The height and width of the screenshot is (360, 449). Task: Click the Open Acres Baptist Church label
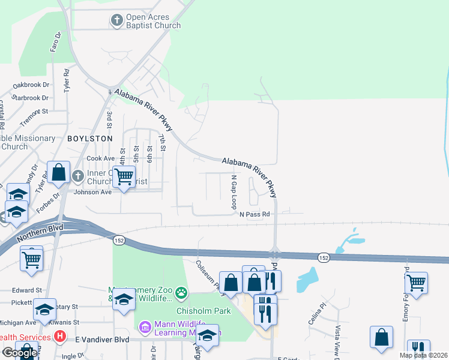(153, 22)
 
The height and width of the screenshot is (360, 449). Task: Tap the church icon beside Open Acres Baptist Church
(117, 21)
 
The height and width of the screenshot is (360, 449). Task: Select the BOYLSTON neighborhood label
(90, 138)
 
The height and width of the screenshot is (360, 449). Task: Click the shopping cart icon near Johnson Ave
(124, 176)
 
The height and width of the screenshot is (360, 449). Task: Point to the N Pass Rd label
(255, 214)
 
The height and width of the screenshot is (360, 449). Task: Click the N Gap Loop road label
(234, 192)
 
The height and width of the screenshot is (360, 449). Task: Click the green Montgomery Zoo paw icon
(181, 293)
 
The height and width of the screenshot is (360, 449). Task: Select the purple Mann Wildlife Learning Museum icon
(144, 328)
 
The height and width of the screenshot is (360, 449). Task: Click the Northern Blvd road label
(40, 232)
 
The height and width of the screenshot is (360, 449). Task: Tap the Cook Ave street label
(100, 158)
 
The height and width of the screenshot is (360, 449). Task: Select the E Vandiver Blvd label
(102, 339)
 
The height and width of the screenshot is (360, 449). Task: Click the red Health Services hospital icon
(59, 337)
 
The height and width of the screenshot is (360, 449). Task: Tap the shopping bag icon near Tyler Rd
(59, 173)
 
